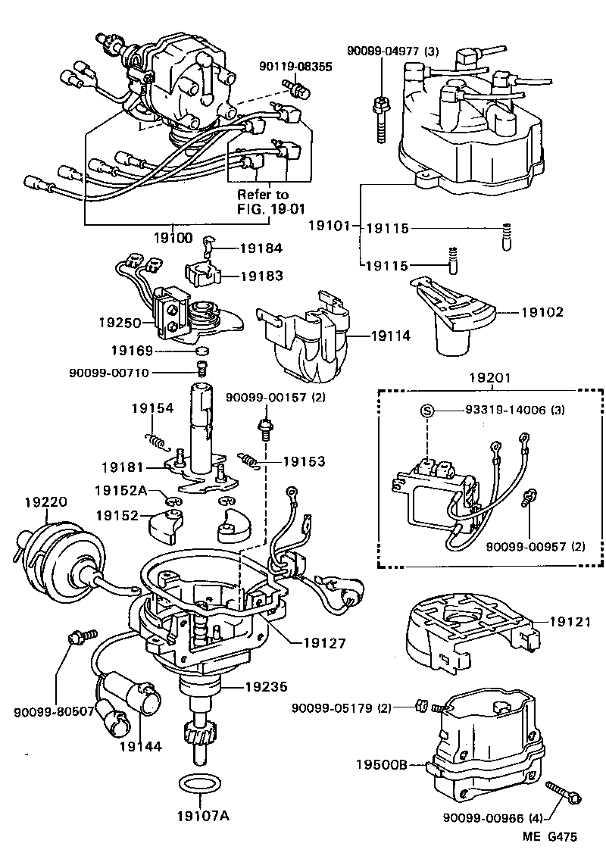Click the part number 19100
tap(174, 237)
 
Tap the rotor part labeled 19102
tap(454, 318)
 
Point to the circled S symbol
tap(427, 411)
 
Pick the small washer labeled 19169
tap(200, 352)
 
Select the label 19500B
tap(383, 765)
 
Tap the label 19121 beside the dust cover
tap(569, 621)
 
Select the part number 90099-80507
tap(54, 712)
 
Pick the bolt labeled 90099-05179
tap(422, 707)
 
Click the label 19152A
tap(121, 490)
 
